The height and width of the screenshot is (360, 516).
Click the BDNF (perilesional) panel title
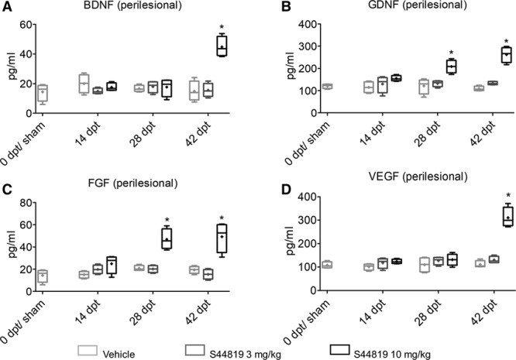click(132, 5)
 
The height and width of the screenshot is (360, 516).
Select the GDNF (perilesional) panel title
click(418, 5)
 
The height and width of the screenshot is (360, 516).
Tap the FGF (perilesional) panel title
click(133, 183)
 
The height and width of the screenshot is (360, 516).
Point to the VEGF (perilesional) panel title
click(418, 177)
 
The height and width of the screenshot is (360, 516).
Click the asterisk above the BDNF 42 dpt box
click(222, 27)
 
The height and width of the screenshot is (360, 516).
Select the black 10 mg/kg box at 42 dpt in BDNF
click(222, 45)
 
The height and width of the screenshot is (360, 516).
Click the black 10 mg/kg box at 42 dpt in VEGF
click(508, 215)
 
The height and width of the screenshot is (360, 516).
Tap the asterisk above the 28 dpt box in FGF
click(167, 220)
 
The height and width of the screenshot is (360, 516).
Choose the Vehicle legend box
click(88, 350)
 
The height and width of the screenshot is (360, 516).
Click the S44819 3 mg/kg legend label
click(245, 355)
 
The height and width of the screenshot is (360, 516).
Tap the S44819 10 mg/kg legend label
click(392, 355)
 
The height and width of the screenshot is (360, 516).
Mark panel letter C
click(7, 190)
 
